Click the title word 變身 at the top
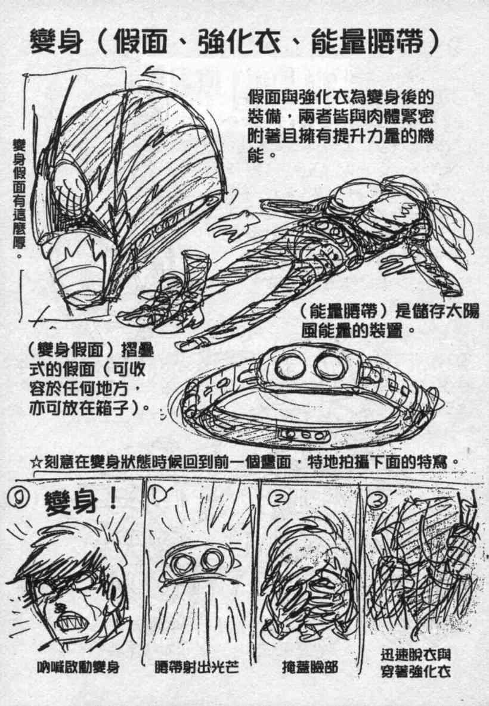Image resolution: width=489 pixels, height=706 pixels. coord(57,41)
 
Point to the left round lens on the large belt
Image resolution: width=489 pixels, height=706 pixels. coord(289,365)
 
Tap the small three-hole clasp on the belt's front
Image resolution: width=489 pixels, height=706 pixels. coord(303,434)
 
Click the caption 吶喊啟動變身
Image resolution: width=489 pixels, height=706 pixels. coord(79,666)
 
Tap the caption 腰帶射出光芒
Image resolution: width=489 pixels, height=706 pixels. coord(196,666)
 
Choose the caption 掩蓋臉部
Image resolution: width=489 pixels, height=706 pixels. coord(310,666)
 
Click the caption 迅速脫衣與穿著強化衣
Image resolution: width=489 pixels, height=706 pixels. coord(415,663)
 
